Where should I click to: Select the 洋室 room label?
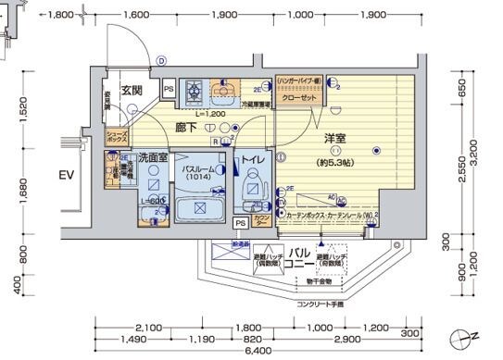coord(334,138)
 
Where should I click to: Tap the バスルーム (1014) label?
coord(197,175)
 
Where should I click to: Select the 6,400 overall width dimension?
coord(257,350)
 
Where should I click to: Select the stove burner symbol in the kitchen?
coord(195,90)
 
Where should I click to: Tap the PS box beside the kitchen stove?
coord(169,89)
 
